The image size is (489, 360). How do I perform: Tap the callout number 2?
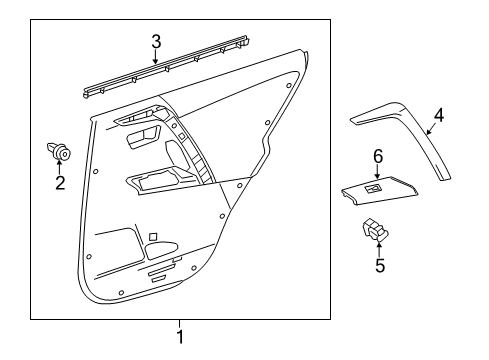click(59, 182)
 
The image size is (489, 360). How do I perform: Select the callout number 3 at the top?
click(156, 41)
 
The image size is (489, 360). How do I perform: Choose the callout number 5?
click(380, 266)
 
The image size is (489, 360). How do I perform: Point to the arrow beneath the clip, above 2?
click(59, 168)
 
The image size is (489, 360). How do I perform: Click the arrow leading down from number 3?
click(156, 57)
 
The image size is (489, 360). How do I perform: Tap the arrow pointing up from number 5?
click(380, 250)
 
